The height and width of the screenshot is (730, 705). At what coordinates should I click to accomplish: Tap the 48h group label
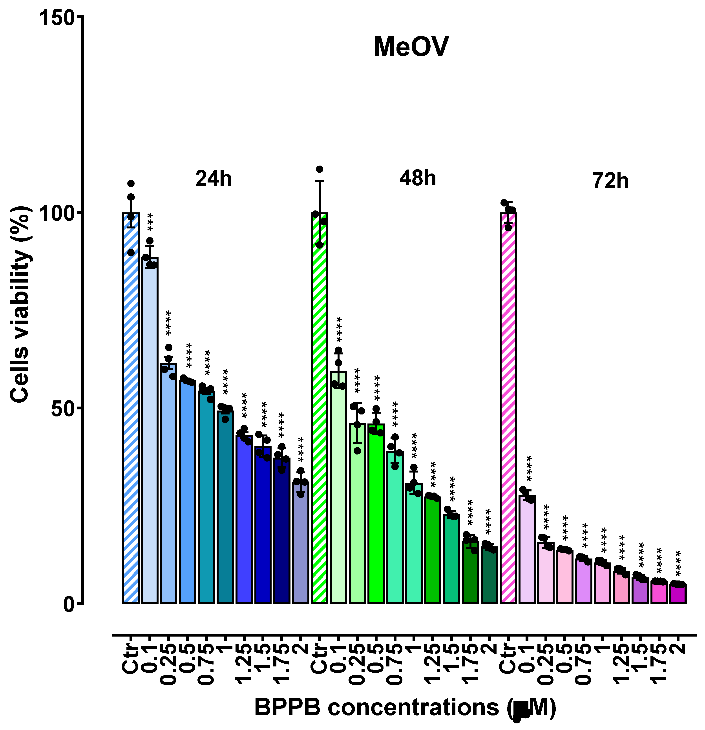tap(418, 178)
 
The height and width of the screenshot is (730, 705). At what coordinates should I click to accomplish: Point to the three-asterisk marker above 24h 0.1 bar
tap(150, 222)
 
